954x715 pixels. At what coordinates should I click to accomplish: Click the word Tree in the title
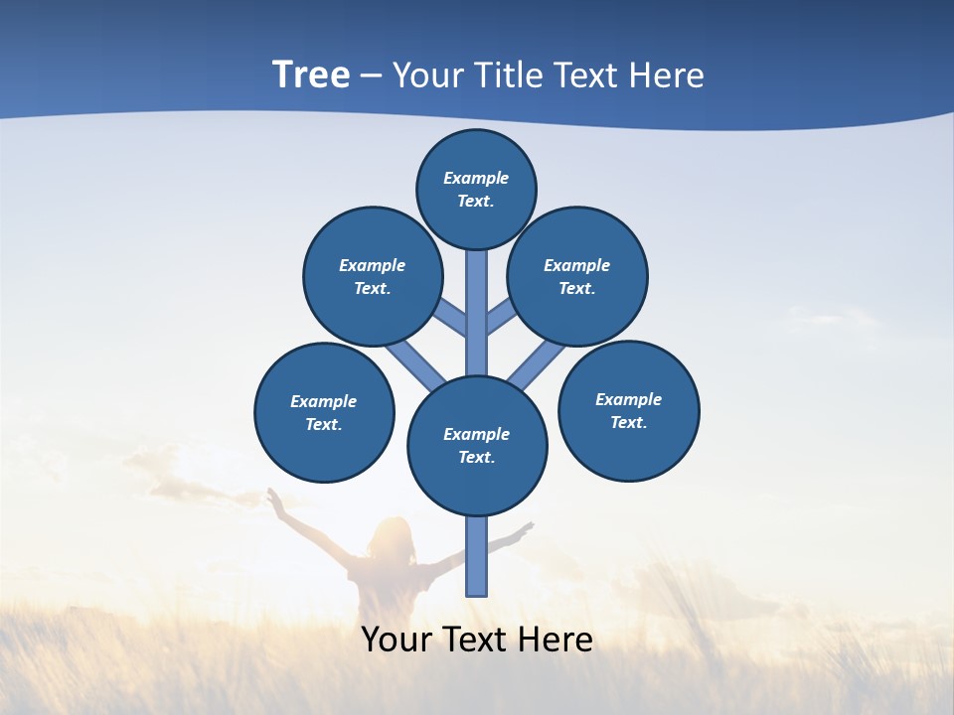(x=311, y=74)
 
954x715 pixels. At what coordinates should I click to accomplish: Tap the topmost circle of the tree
(x=476, y=189)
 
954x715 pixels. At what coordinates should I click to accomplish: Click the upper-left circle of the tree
(x=372, y=276)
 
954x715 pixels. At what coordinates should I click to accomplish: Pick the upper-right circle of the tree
(x=577, y=276)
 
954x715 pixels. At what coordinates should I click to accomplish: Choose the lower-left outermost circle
(x=324, y=412)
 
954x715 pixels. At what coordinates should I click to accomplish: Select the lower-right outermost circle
(x=629, y=410)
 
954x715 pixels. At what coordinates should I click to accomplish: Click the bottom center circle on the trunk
(x=477, y=446)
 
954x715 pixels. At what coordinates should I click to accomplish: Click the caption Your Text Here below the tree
(x=477, y=640)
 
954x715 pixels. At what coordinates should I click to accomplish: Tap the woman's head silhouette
(x=391, y=536)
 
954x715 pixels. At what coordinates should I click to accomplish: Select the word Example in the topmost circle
(x=476, y=178)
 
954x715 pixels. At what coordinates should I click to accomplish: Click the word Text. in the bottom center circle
(x=476, y=457)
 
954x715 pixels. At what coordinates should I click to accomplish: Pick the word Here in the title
(x=670, y=75)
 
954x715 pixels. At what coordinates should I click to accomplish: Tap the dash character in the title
(x=371, y=76)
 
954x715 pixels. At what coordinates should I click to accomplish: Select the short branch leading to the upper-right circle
(x=501, y=318)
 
